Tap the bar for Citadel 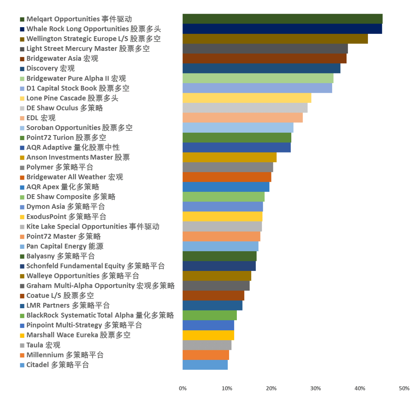coord(205,365)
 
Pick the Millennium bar coord(206,355)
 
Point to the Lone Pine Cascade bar coord(247,98)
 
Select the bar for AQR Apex coord(226,187)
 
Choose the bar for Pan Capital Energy coord(220,246)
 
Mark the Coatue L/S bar coord(213,295)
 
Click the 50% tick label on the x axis coord(404,389)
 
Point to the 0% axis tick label coord(182,389)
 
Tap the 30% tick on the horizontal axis coord(315,389)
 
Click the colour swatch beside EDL coord(23,118)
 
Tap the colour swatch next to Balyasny coord(23,256)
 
